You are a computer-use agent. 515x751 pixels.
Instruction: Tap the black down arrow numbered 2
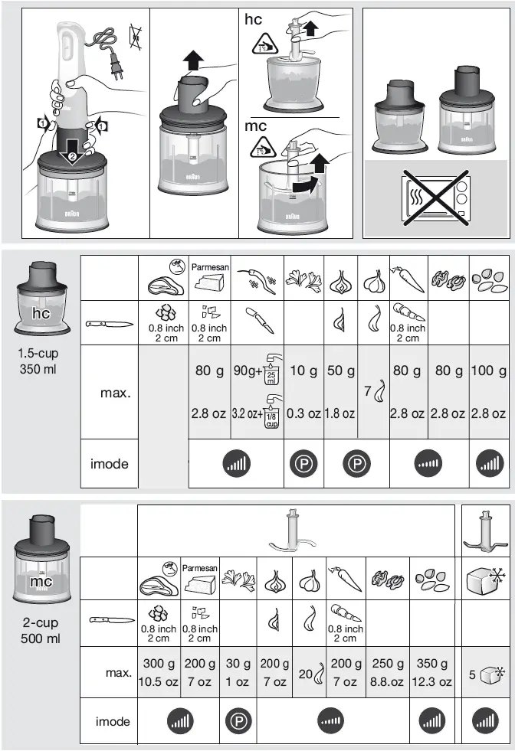tap(71, 151)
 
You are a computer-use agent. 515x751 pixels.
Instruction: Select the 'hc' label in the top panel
tap(253, 20)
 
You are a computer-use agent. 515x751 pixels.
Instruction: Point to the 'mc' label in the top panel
tap(255, 126)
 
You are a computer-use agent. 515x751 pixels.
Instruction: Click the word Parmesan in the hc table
tap(208, 266)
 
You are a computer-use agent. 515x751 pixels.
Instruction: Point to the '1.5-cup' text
tap(38, 354)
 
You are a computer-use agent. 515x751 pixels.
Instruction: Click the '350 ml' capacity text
tap(38, 370)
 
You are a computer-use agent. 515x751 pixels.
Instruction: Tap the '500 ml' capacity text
tap(38, 638)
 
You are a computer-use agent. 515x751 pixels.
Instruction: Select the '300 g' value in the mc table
tap(159, 664)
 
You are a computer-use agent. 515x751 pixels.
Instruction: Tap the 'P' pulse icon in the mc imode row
tap(236, 721)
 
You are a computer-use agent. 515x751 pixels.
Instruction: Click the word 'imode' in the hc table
tap(110, 464)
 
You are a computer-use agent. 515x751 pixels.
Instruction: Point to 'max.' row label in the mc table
tap(118, 673)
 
